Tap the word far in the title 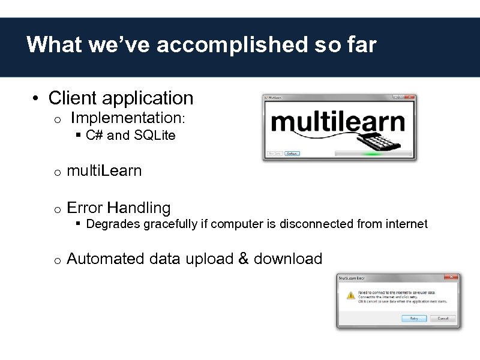point(360,45)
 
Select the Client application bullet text point(121,98)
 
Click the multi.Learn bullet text point(104,171)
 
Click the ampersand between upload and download point(244,259)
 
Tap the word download point(288,259)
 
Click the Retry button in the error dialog point(414,319)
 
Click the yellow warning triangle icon point(350,296)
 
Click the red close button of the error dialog point(451,278)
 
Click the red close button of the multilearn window point(411,97)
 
